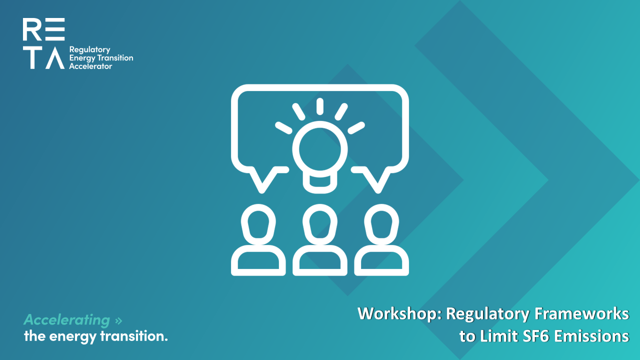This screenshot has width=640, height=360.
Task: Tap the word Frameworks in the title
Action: click(x=581, y=313)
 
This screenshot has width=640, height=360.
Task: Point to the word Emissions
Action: click(x=591, y=336)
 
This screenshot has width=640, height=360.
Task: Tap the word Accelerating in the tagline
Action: click(x=67, y=320)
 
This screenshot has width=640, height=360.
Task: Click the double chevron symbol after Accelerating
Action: click(x=118, y=320)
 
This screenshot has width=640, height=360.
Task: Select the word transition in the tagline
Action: click(x=134, y=336)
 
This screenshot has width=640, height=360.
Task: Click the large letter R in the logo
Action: click(x=32, y=29)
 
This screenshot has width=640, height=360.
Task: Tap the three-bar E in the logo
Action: click(x=55, y=29)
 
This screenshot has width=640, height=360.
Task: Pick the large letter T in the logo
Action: click(x=32, y=57)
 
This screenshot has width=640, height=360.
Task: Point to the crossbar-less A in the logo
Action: click(x=55, y=57)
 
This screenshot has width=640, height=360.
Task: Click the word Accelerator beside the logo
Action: click(x=90, y=66)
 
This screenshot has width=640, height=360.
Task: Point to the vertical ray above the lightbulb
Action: click(x=319, y=106)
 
